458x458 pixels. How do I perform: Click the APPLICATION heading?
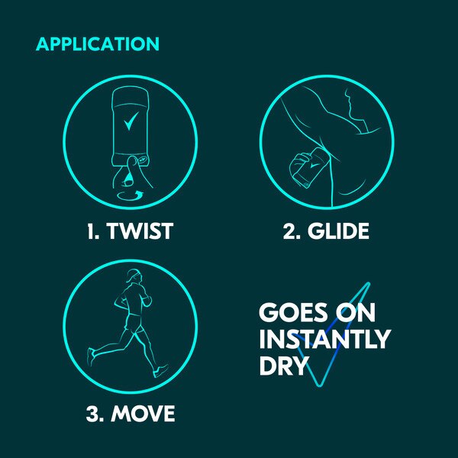(x=98, y=44)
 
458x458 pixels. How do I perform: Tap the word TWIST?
(x=140, y=231)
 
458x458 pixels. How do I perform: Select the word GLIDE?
(x=338, y=231)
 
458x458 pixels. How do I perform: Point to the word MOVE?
(x=143, y=413)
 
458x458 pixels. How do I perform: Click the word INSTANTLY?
(x=325, y=339)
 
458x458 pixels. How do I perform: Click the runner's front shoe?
(x=161, y=371)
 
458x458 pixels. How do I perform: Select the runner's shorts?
(x=134, y=324)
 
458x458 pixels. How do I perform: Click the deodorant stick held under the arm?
(x=310, y=167)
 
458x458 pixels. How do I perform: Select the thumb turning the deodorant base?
(x=131, y=171)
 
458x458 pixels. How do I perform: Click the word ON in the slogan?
(x=355, y=312)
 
